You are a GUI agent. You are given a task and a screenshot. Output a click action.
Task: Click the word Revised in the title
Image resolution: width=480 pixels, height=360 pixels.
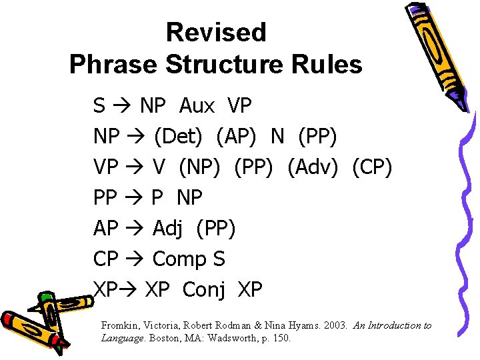click(215, 32)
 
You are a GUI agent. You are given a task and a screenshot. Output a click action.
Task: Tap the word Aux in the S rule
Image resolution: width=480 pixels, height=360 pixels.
click(197, 105)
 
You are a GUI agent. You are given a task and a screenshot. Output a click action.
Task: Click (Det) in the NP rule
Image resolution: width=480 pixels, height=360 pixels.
click(178, 137)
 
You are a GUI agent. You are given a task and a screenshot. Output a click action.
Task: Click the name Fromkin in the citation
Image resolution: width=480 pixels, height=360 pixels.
click(121, 325)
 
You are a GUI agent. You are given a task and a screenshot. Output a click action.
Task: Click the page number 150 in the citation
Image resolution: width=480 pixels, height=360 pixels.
click(281, 338)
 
